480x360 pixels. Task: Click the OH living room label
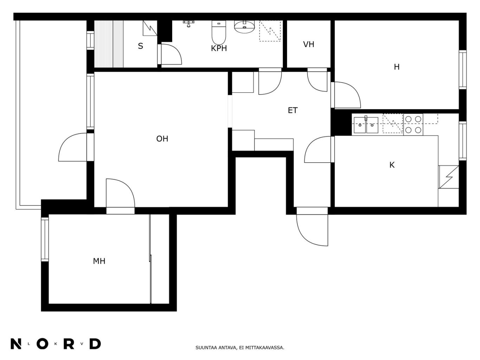click(162, 139)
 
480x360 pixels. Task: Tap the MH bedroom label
click(99, 261)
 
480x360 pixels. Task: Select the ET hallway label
click(293, 110)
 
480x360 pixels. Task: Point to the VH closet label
click(309, 44)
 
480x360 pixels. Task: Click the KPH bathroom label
click(219, 48)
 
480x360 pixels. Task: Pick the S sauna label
click(141, 46)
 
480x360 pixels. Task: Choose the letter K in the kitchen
click(392, 165)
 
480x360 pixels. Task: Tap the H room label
click(396, 67)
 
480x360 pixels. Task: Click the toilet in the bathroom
click(219, 32)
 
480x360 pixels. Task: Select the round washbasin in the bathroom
click(245, 27)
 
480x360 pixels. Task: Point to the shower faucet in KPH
click(188, 23)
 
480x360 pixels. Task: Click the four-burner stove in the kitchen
click(413, 124)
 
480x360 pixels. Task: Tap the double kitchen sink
click(366, 125)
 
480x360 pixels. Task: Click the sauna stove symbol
click(150, 28)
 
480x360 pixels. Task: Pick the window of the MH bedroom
click(45, 239)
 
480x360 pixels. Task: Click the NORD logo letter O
click(42, 344)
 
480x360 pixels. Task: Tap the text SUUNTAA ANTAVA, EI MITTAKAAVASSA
click(240, 348)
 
